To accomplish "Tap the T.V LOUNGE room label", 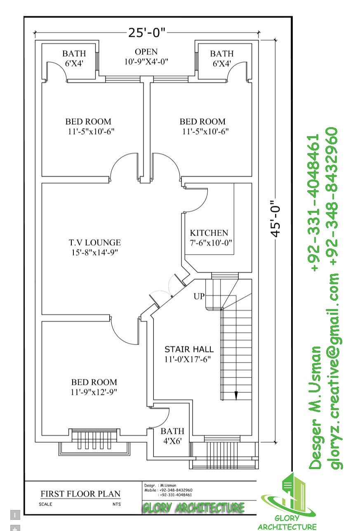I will (x=95, y=247).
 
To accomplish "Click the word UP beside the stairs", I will (x=199, y=296).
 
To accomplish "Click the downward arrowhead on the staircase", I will (x=236, y=395).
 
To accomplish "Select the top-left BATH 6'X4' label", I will (x=74, y=58).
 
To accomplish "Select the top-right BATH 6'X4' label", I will (x=221, y=58).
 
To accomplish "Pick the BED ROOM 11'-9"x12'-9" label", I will (x=94, y=387).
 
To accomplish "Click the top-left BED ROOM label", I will (x=88, y=126).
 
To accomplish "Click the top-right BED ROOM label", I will (x=202, y=126).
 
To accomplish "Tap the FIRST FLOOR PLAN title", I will (x=80, y=493).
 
